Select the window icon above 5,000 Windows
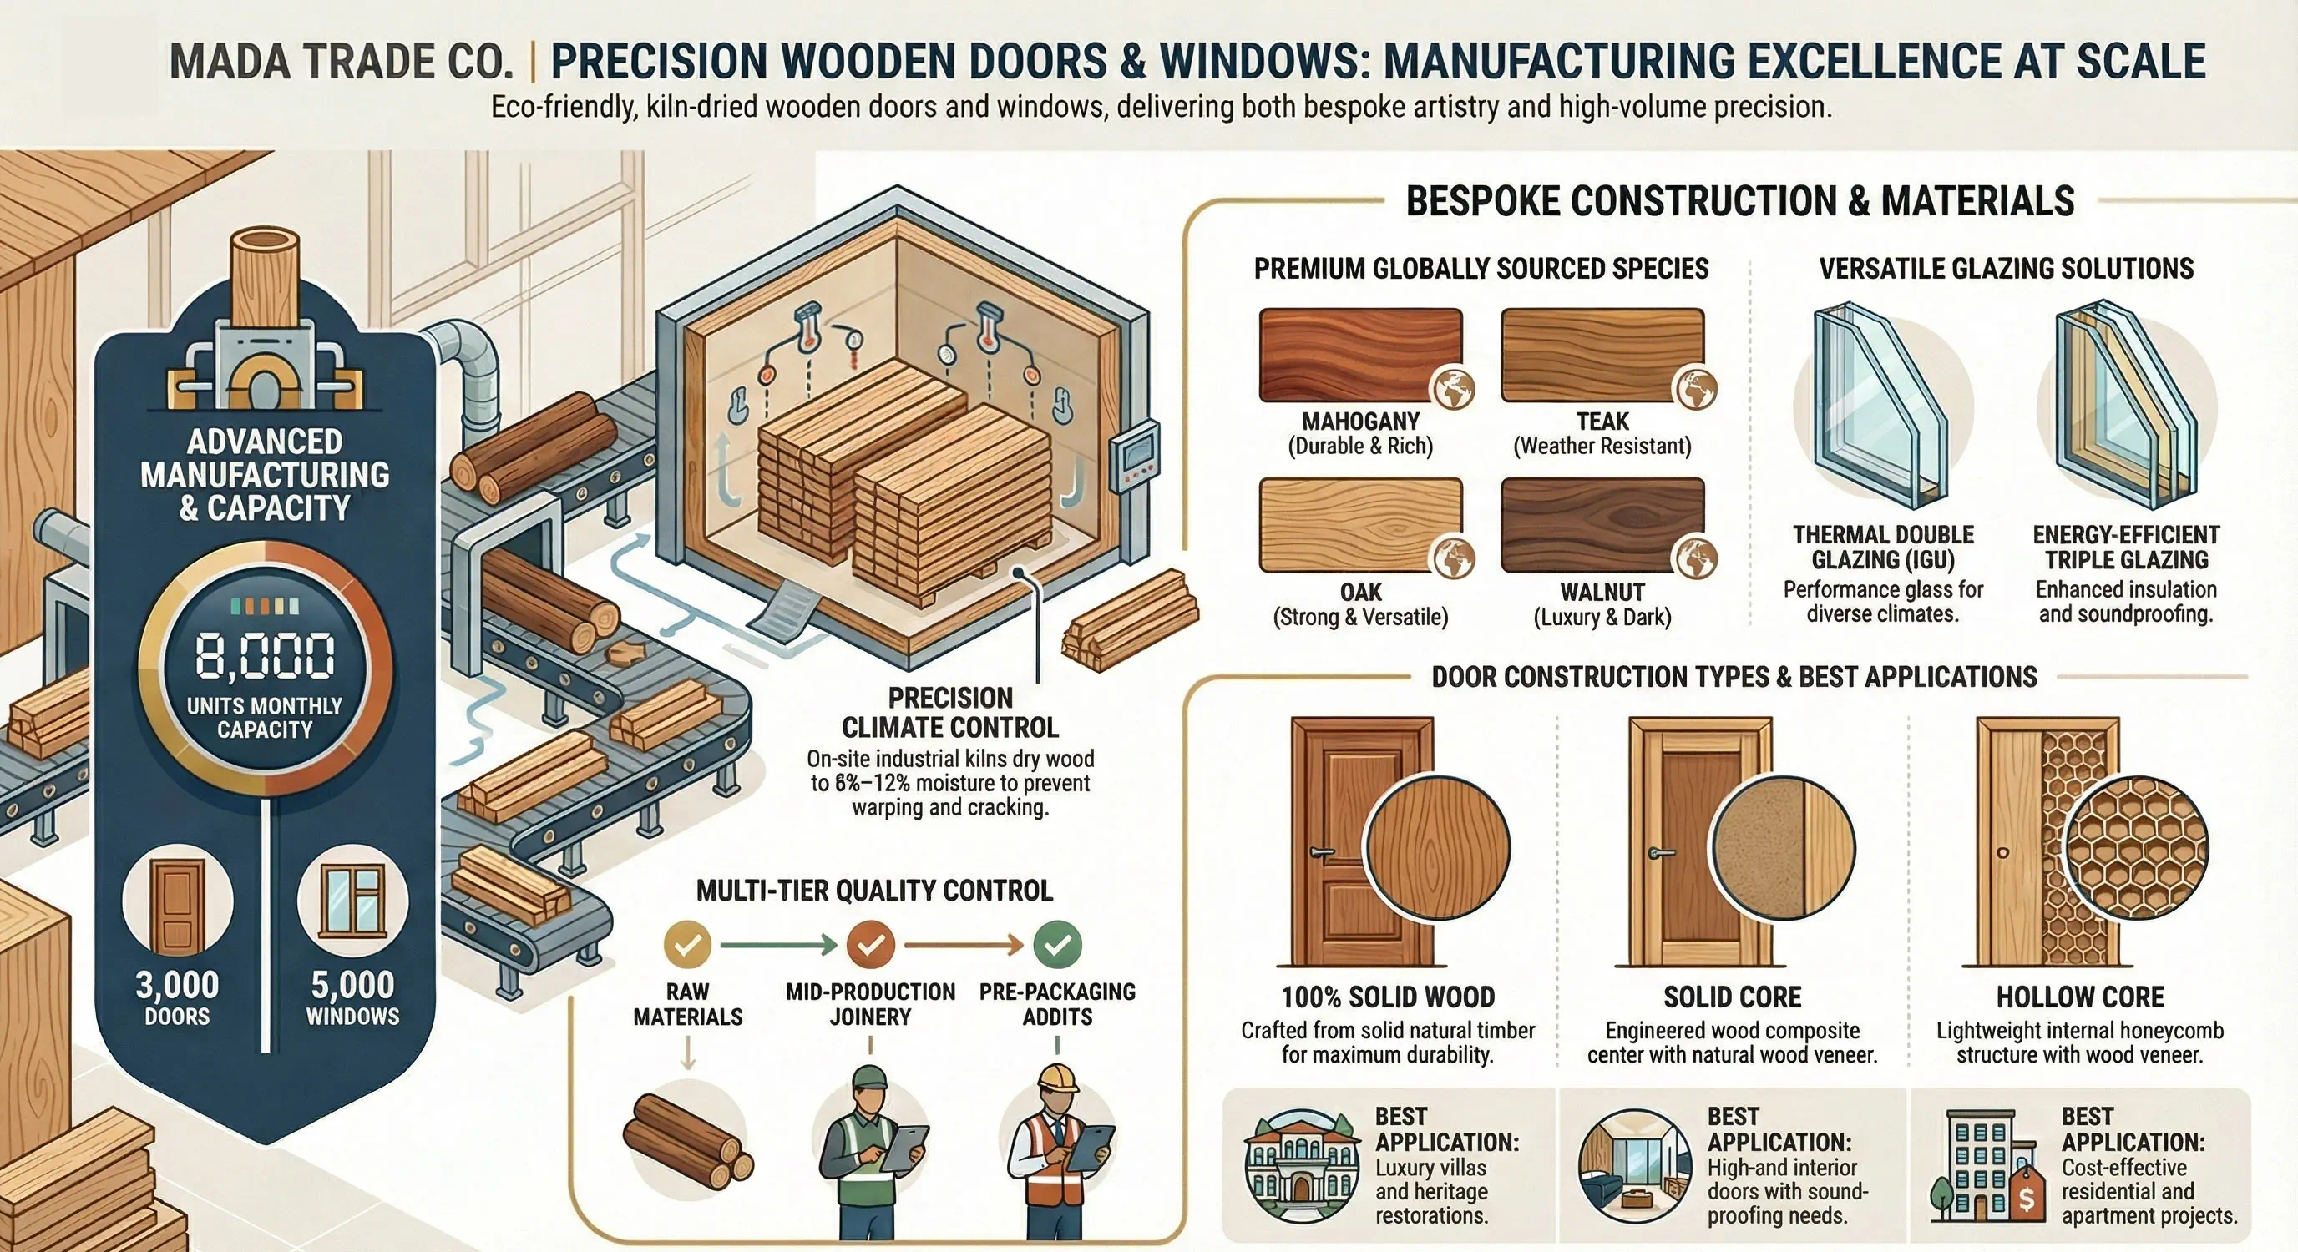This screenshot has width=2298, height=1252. click(353, 901)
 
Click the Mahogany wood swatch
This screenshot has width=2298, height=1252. click(1359, 355)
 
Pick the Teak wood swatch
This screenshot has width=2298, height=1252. click(1602, 355)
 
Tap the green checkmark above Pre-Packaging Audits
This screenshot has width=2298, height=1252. click(1057, 944)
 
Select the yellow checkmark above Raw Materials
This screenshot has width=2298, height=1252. click(688, 944)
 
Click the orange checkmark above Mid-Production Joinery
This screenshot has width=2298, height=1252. click(871, 944)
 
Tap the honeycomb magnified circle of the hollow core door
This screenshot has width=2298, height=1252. click(2137, 846)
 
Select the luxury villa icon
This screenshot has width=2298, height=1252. click(1301, 1165)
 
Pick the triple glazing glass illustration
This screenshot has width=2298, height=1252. click(2126, 406)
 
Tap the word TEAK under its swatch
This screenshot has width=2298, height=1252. click(1602, 421)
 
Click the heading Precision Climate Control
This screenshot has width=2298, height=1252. click(950, 713)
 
